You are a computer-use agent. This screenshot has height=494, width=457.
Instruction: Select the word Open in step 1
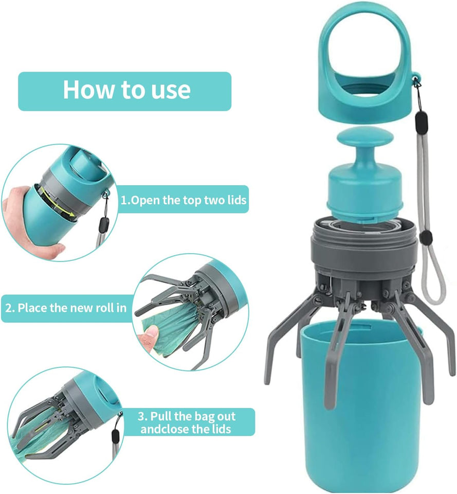click(145, 200)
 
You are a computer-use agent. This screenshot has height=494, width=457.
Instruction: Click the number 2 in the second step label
click(9, 309)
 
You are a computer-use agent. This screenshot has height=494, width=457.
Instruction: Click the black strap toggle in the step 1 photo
click(104, 224)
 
